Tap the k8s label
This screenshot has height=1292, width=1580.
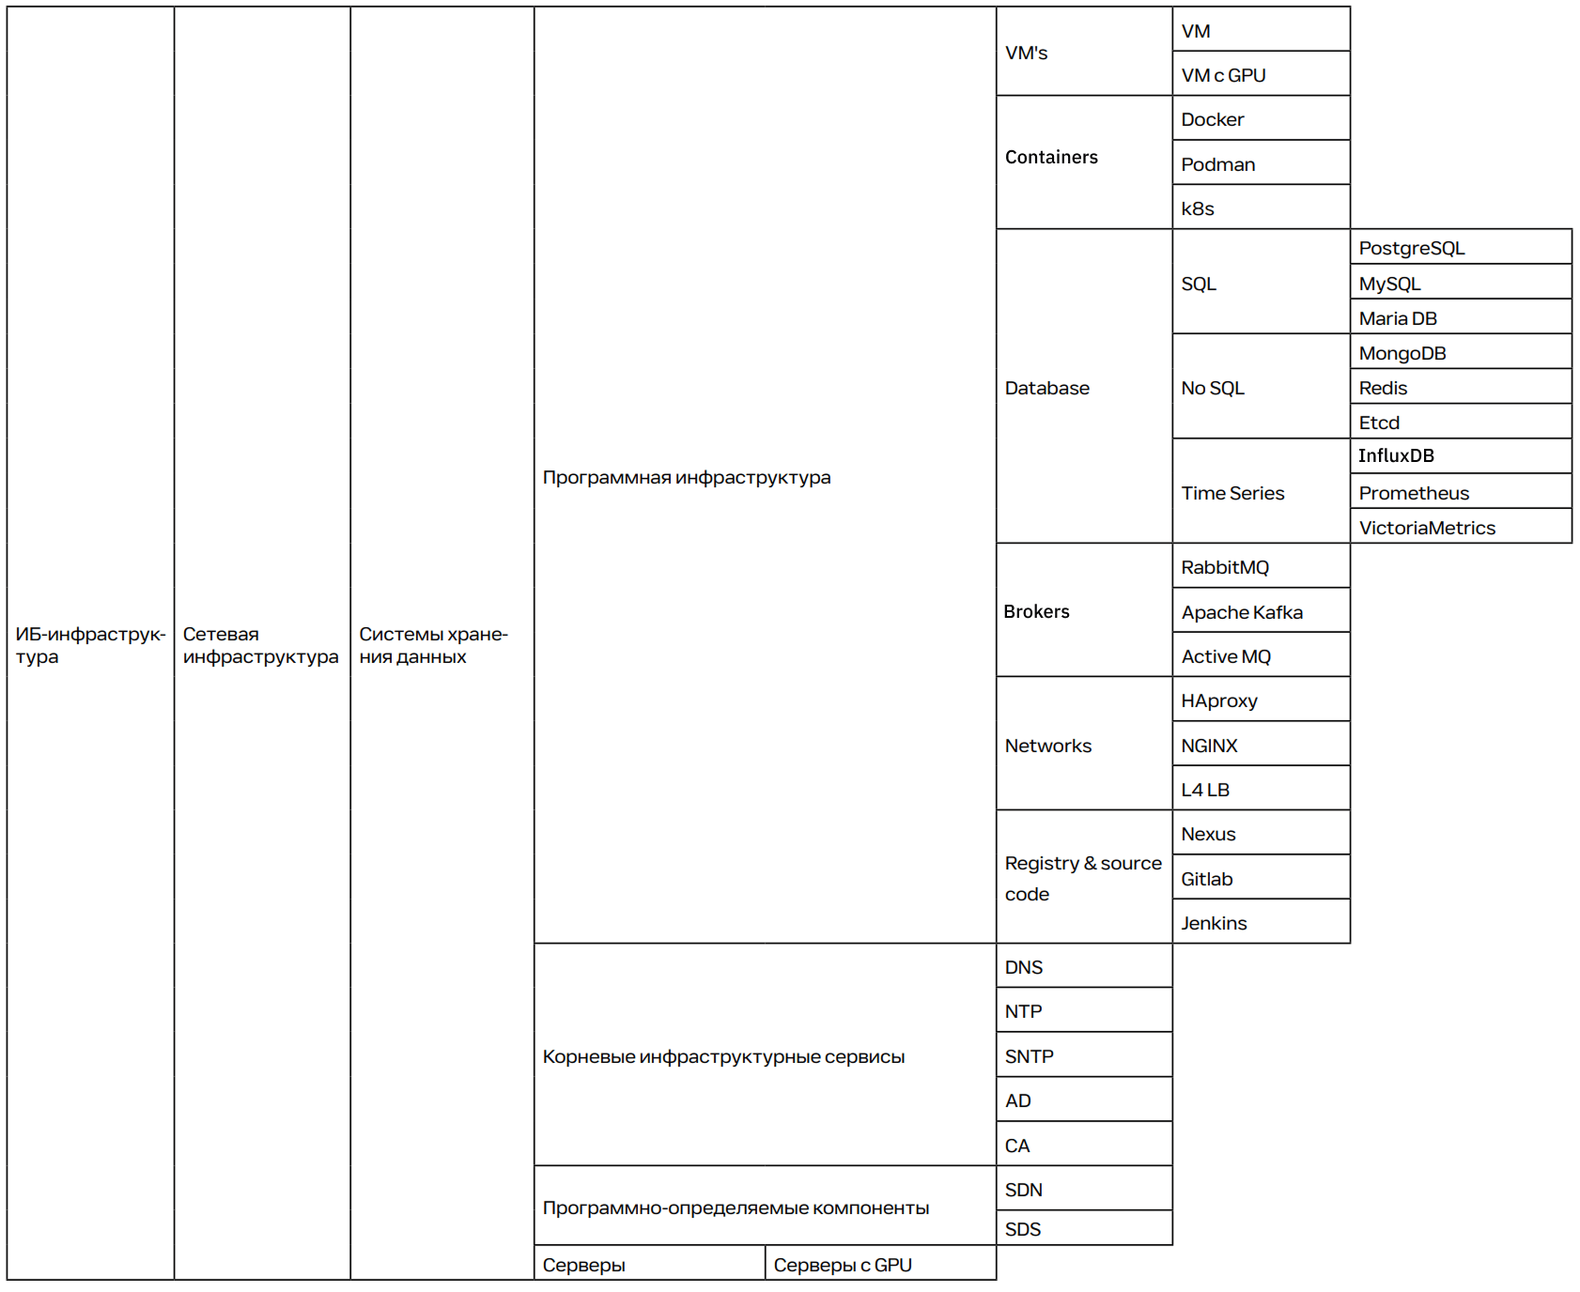tap(1198, 208)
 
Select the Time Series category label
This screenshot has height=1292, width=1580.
tap(1232, 493)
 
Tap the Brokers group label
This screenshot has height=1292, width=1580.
tap(1036, 611)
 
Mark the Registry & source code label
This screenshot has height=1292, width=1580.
tap(1082, 878)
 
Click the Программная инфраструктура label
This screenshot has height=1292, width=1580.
tap(687, 477)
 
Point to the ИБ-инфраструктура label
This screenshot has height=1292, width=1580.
tap(89, 645)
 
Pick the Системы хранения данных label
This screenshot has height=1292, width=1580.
tap(433, 645)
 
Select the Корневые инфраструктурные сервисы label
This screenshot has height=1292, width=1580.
tap(723, 1056)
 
